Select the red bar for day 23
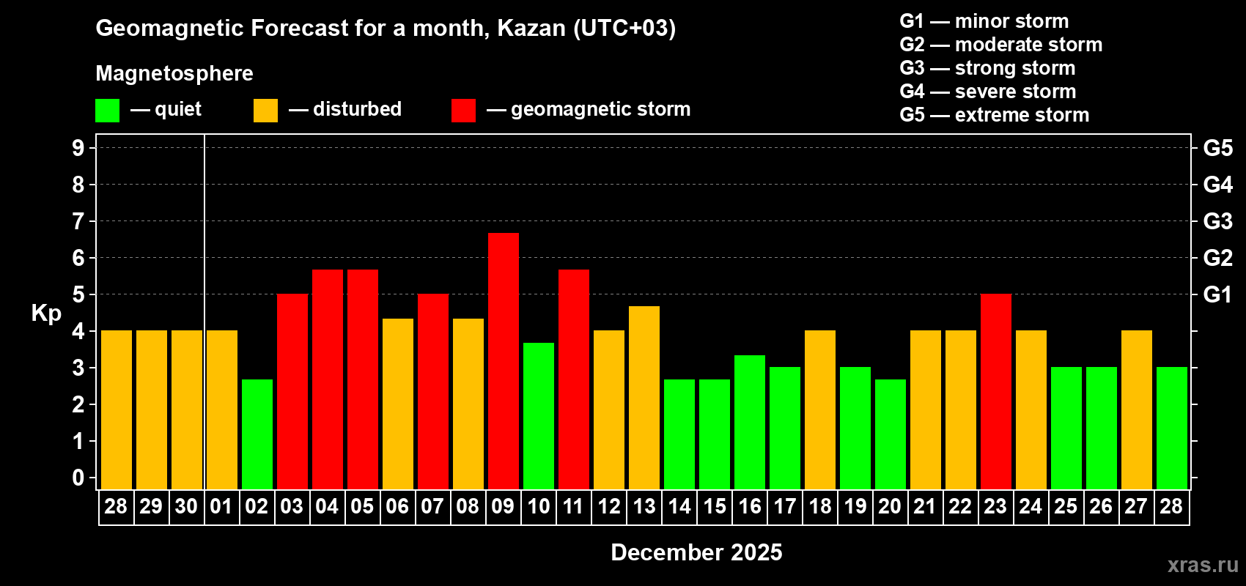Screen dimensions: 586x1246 996,391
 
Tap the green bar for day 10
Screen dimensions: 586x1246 539,415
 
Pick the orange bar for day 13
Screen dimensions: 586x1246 644,397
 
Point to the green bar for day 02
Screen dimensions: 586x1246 257,434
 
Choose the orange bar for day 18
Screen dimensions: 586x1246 820,409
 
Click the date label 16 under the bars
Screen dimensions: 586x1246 750,506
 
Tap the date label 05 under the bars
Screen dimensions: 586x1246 362,506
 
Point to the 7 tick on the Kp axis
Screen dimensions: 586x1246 78,221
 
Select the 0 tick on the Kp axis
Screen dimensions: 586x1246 78,478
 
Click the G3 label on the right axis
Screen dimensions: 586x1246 1217,221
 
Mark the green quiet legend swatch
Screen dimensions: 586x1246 108,111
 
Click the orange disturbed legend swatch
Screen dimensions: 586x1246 265,111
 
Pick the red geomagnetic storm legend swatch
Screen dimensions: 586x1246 463,111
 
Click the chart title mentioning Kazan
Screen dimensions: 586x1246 386,28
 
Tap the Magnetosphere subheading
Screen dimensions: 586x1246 174,73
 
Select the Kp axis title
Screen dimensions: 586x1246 46,313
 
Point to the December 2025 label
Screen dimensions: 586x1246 696,552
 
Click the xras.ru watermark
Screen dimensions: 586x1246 1203,565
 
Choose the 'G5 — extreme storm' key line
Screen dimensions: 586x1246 994,115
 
